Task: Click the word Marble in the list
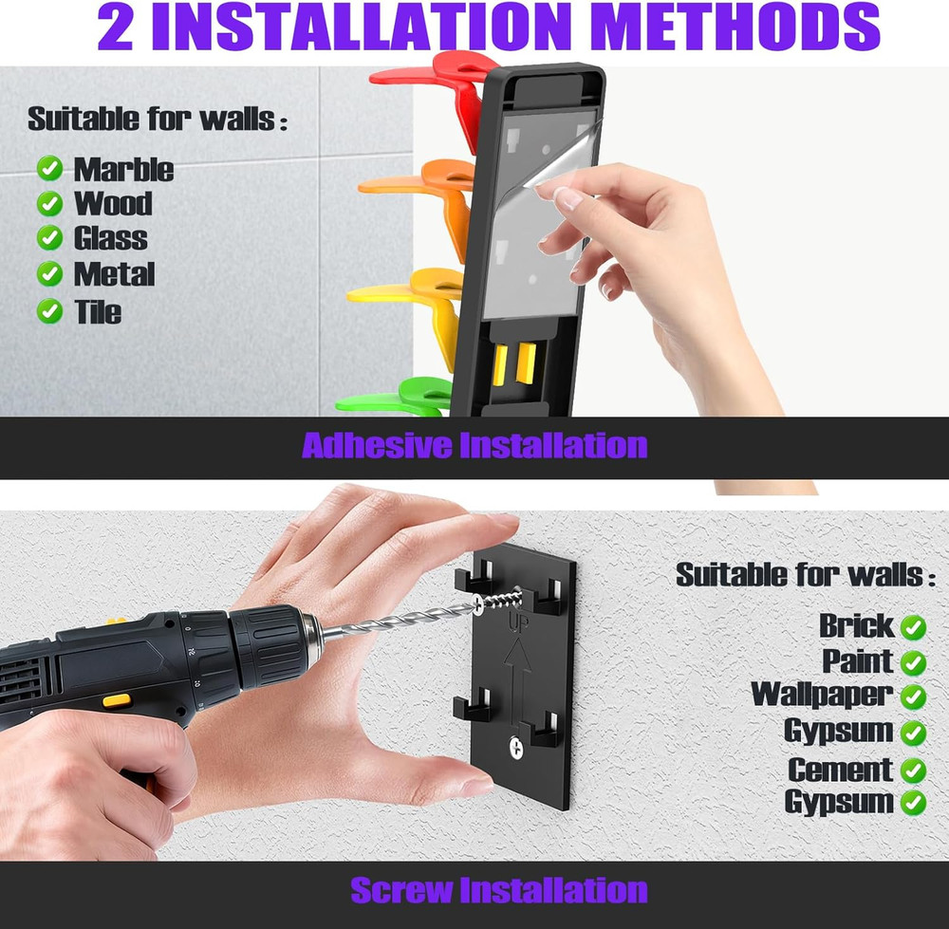pos(123,169)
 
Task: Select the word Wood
pos(113,203)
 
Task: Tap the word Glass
pos(111,238)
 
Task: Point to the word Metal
pos(115,274)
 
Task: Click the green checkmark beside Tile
pos(49,311)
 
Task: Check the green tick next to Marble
pos(49,168)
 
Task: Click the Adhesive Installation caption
pos(474,446)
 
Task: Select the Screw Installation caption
pos(499,891)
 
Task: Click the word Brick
pos(856,625)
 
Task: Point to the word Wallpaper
pos(822,695)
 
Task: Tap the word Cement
pos(841,770)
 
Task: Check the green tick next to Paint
pos(913,662)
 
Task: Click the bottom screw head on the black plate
pos(516,748)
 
